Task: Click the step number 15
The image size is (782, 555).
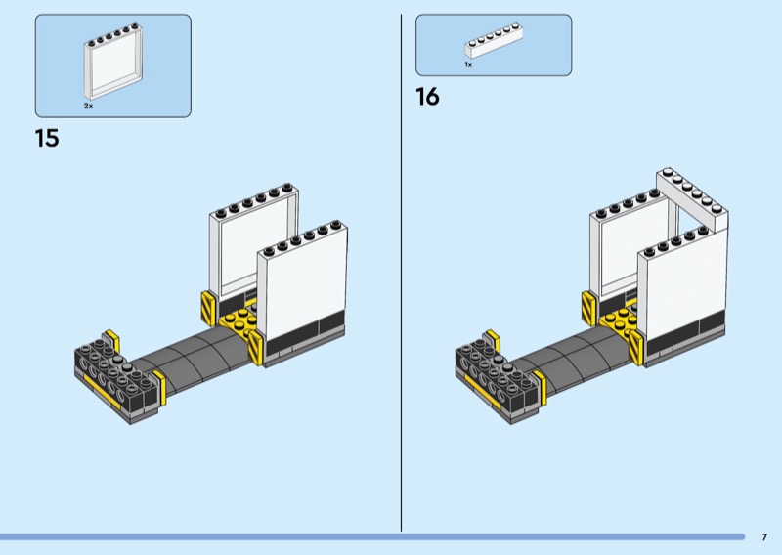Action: [x=47, y=138]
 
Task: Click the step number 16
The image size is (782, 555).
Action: [x=427, y=97]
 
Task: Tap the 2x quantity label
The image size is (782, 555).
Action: [x=88, y=107]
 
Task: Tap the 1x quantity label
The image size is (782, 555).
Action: [x=468, y=64]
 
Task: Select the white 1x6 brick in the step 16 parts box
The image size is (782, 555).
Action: [x=494, y=41]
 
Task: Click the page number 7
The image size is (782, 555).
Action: [x=764, y=537]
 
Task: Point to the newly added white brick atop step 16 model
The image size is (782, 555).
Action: [x=692, y=198]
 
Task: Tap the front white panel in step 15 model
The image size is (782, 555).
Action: [x=303, y=289]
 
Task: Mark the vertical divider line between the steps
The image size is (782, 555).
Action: [x=401, y=273]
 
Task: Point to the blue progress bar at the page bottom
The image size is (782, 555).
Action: [x=372, y=537]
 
